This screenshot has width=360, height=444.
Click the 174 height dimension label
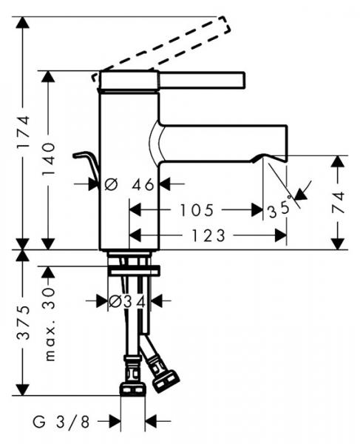coord(23,131)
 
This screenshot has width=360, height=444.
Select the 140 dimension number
coord(48,159)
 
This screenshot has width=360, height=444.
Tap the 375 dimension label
coord(23,323)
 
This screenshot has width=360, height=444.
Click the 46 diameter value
coord(143,184)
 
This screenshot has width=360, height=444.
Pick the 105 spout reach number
coord(197,210)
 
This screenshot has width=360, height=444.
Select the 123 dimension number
coord(208,235)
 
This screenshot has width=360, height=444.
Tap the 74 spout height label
coord(339,202)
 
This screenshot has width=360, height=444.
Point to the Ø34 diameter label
coord(127,301)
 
